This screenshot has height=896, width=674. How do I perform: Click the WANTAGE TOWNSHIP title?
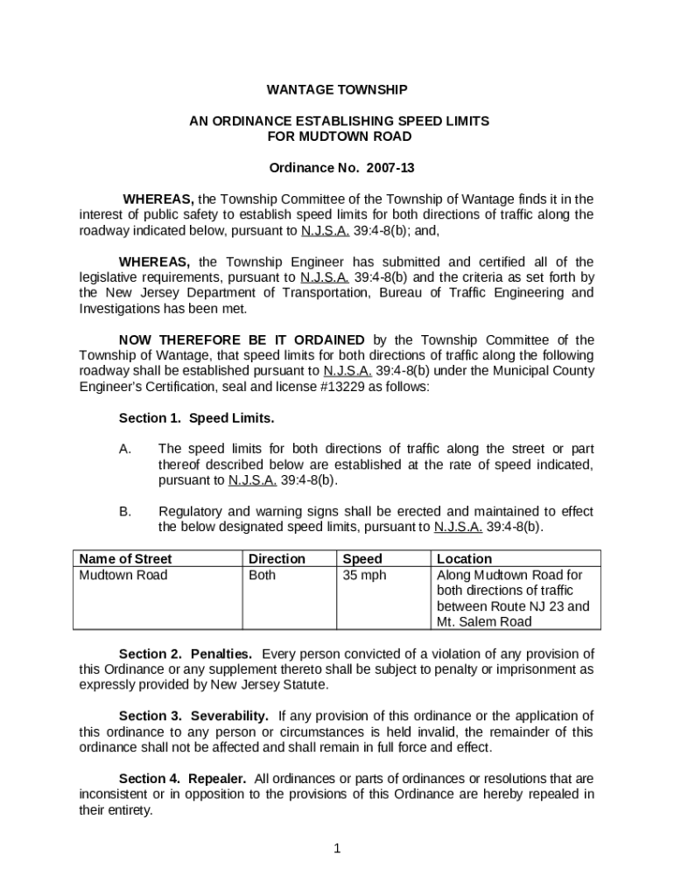(337, 89)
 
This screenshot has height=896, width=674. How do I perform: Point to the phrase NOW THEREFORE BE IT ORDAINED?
(242, 339)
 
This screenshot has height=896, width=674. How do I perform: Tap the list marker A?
(125, 449)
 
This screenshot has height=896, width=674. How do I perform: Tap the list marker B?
(125, 511)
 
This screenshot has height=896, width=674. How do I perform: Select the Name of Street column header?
(126, 558)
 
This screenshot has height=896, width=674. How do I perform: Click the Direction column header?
(277, 558)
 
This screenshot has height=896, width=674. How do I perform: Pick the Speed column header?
(362, 558)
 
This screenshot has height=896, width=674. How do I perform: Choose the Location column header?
(464, 558)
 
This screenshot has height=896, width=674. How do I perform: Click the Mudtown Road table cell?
(123, 575)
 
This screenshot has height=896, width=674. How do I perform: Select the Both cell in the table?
(262, 575)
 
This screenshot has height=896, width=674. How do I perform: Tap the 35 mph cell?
(364, 575)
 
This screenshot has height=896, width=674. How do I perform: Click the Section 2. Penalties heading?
(186, 654)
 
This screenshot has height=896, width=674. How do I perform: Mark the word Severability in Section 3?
(229, 716)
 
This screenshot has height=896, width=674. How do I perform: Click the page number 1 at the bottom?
(337, 848)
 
